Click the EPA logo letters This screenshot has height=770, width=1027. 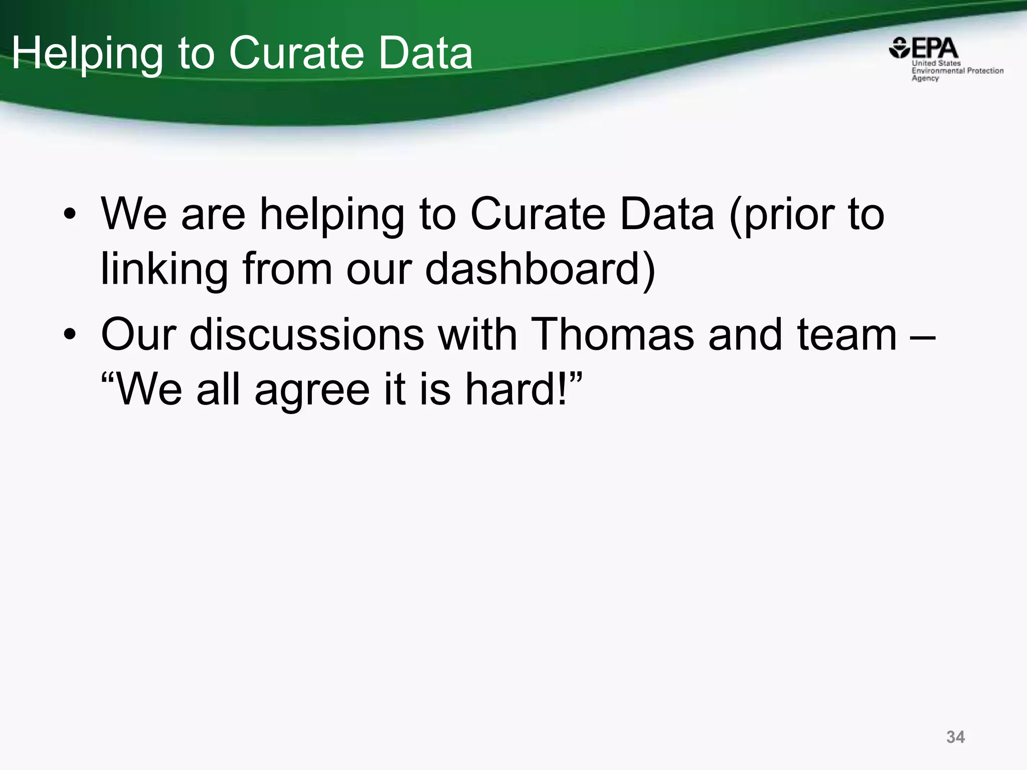tap(934, 49)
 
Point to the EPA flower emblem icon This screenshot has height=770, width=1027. tap(899, 48)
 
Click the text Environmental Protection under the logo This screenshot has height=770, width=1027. tap(957, 71)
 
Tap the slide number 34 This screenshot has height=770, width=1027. tap(955, 737)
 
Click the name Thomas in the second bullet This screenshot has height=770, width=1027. tap(612, 334)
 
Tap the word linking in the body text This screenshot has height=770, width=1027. tap(164, 269)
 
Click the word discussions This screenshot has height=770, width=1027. tap(307, 334)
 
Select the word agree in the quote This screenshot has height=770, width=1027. tap(312, 391)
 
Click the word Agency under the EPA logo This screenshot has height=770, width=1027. tap(925, 78)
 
